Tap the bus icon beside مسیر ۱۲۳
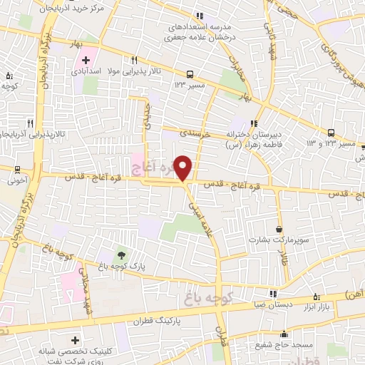coord(190,74)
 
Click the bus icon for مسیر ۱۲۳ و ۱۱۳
coord(331,133)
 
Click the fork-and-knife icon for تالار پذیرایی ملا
coord(133,61)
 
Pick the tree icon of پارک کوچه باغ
coord(120,255)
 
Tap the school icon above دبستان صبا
coord(272,294)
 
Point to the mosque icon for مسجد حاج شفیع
coord(284,334)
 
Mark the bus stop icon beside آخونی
coord(17,169)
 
